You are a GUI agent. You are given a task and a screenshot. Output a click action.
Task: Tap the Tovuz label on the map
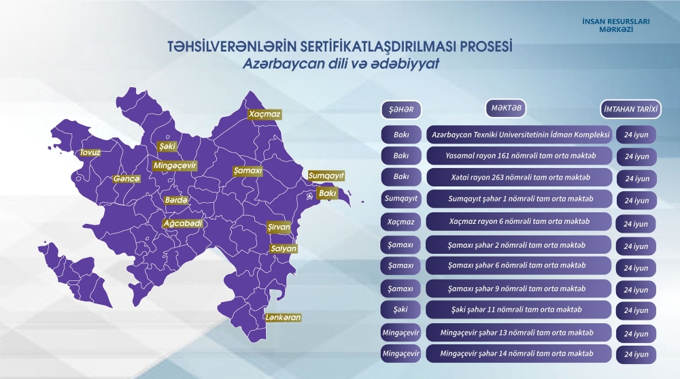point(90,152)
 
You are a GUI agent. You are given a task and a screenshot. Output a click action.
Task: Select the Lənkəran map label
point(284,317)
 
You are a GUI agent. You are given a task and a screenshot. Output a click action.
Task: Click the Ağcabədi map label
point(183,223)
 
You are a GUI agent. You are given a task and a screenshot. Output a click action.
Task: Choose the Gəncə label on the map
point(126,179)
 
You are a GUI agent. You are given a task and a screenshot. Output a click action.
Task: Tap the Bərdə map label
point(176,201)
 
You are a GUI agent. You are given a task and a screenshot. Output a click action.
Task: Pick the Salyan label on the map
point(284,248)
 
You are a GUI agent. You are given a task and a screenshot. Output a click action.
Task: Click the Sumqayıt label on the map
point(322,175)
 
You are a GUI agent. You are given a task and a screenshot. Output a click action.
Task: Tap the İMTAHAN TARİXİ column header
point(631,109)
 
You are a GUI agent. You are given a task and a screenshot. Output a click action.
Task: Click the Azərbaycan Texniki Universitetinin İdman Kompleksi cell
point(520,133)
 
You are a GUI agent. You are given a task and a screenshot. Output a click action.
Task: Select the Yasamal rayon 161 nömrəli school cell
point(520,155)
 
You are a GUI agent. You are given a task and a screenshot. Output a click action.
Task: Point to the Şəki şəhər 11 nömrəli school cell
point(520,310)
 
